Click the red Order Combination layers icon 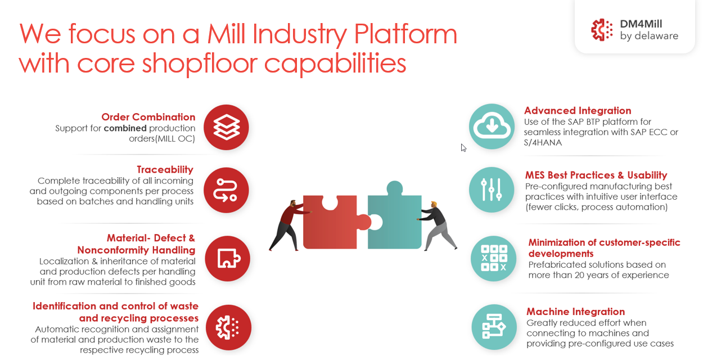(226, 127)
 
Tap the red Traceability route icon (226, 190)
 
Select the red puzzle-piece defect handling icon (227, 258)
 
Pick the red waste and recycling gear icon (228, 327)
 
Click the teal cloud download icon (492, 127)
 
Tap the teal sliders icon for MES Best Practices (492, 190)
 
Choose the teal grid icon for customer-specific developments (493, 258)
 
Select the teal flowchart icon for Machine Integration (493, 327)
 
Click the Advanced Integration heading (578, 111)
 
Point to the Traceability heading (165, 169)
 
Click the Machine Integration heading (575, 312)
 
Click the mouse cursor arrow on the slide (463, 147)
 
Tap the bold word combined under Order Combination (125, 128)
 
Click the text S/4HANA (543, 143)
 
